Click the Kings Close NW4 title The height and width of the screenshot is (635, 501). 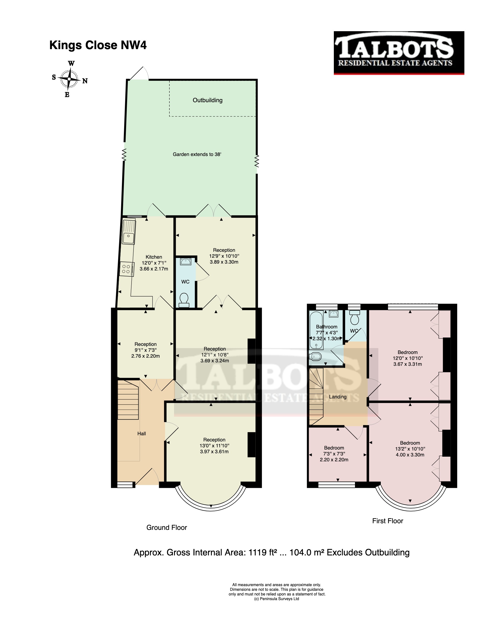tap(98, 45)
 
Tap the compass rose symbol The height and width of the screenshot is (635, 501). tap(69, 79)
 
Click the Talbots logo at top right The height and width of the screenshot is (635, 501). tap(399, 53)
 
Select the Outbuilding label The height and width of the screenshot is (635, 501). tap(207, 100)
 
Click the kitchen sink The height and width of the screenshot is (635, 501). tap(129, 232)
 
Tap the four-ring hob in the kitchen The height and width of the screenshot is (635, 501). tap(126, 269)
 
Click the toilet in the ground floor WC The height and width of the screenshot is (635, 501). tap(184, 300)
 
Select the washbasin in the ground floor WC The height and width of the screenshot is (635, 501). tap(185, 261)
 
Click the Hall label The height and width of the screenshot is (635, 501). tap(141, 434)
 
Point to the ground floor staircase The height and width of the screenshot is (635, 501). tap(128, 400)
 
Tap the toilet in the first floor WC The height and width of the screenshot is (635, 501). tap(355, 318)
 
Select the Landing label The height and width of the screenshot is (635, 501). tap(338, 397)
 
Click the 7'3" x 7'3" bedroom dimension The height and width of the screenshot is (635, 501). tap(334, 454)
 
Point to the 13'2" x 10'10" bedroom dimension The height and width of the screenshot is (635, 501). tap(410, 449)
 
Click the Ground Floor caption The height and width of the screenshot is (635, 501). tap(167, 527)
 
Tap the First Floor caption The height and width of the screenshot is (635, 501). tap(387, 521)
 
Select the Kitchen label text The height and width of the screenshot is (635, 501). tap(154, 257)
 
